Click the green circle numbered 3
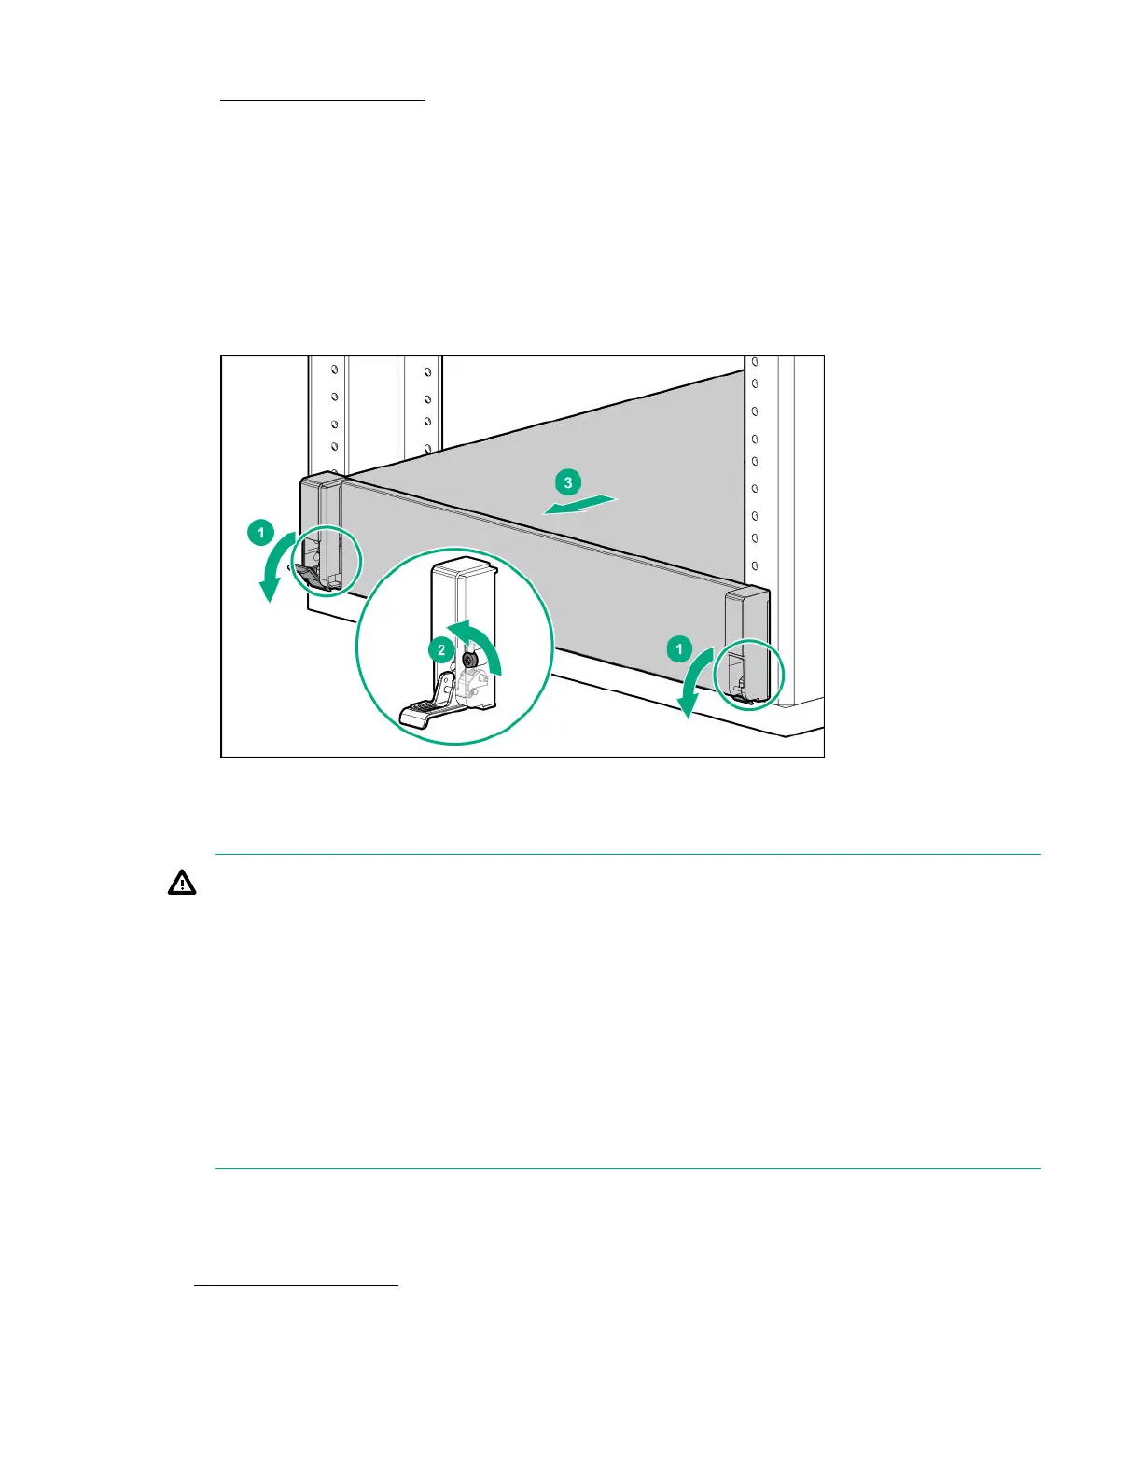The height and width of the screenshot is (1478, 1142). coord(567,482)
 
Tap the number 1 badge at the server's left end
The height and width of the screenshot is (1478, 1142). coord(260,534)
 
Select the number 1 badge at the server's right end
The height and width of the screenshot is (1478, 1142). coord(679,648)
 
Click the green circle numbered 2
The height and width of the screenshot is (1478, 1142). coord(441,650)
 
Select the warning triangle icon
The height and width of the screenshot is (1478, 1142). coord(182,883)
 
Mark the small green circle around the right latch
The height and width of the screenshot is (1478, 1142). coord(748,674)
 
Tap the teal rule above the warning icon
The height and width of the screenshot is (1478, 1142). coord(627,854)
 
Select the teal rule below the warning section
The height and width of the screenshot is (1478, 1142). coord(627,1168)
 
